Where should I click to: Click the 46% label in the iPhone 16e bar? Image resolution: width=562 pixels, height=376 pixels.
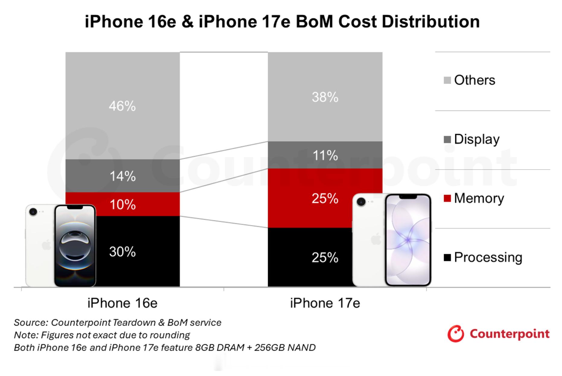(122, 106)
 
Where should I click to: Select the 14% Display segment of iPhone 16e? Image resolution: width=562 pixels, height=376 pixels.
(122, 176)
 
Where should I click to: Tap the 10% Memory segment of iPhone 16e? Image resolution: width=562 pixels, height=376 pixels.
(122, 205)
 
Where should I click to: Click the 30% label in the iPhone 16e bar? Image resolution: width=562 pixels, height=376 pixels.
(122, 252)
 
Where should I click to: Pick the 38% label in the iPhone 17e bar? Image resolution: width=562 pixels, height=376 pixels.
(325, 97)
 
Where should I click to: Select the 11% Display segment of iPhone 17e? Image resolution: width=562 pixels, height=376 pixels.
(325, 155)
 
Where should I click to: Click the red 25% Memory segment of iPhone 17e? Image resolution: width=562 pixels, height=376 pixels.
(325, 198)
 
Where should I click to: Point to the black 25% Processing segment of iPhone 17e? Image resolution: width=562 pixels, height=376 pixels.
(325, 257)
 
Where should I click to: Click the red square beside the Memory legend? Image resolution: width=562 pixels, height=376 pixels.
(447, 199)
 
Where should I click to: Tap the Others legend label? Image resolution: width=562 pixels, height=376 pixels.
(474, 80)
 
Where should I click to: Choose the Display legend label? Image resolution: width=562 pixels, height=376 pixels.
(477, 139)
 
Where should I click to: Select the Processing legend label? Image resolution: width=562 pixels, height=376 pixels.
(488, 257)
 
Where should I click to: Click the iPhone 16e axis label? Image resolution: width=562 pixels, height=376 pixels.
(122, 303)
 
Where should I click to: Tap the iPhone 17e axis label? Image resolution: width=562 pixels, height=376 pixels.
(325, 303)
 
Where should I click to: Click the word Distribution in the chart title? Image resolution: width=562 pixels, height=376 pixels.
(430, 22)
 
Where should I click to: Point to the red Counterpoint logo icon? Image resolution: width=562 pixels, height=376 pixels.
(455, 334)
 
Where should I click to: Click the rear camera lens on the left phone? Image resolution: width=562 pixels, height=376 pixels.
(33, 212)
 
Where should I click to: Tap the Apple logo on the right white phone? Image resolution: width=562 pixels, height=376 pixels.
(376, 239)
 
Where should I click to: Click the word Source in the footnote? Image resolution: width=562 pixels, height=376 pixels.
(30, 323)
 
